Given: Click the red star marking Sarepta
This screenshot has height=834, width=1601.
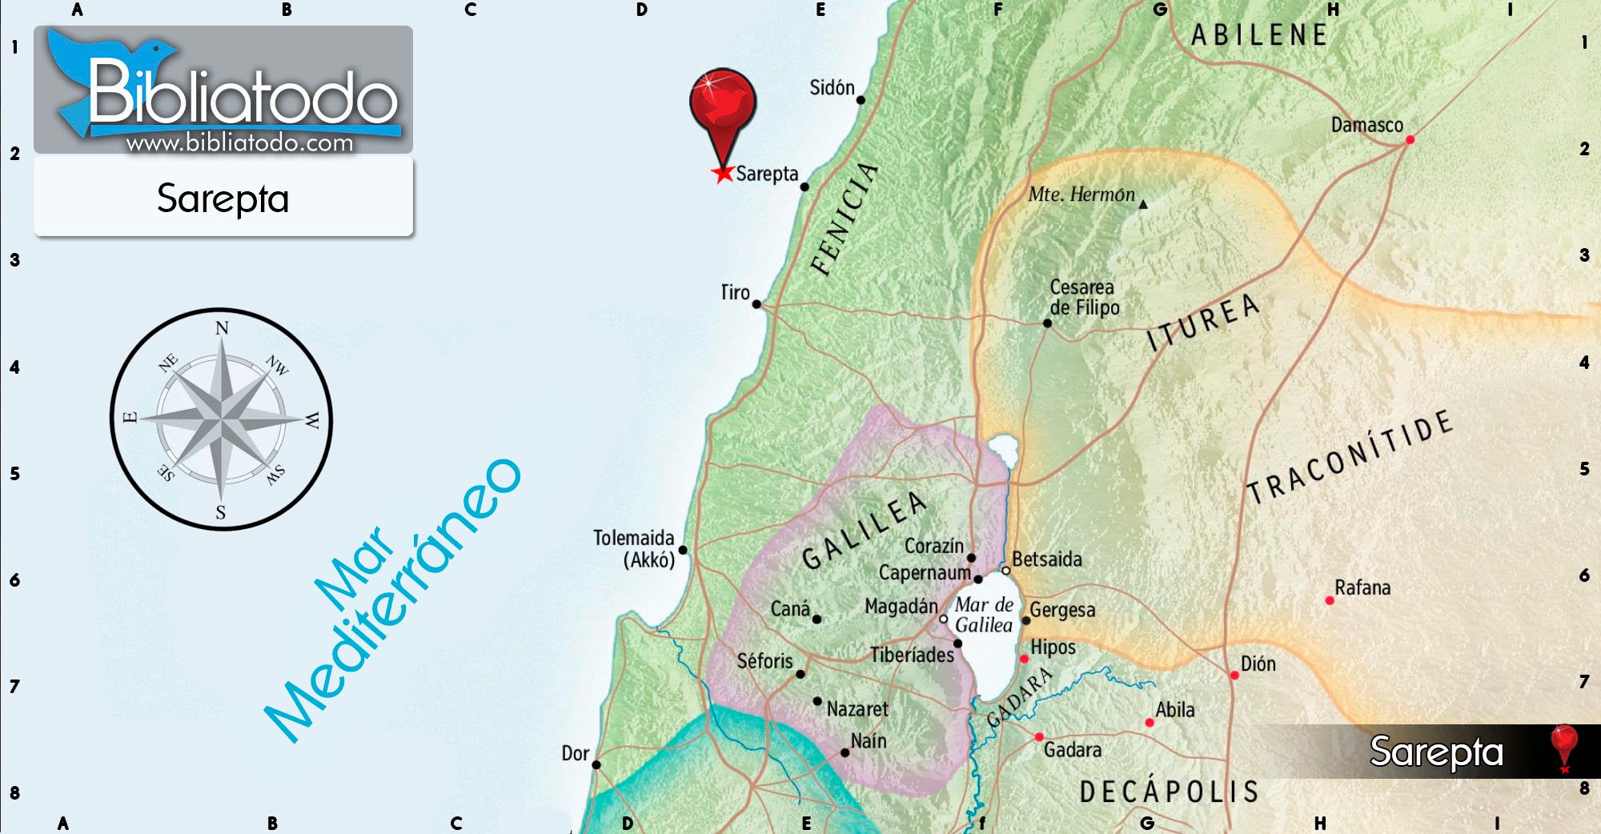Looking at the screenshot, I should coord(723,173).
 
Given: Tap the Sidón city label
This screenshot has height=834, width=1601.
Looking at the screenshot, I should coord(832,87).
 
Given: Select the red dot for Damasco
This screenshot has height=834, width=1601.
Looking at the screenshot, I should coord(1410,140).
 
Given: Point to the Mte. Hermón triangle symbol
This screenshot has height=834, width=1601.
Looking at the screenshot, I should coord(1143,205).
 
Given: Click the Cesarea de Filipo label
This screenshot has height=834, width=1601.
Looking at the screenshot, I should coord(1084,297).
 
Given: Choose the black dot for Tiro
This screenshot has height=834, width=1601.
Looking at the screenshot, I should coord(756,304).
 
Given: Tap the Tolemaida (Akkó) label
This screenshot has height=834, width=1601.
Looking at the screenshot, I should coord(634,548).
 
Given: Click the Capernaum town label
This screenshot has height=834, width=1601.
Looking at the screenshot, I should coord(924,573).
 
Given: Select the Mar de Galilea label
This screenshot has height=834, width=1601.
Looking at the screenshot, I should coord(984,615).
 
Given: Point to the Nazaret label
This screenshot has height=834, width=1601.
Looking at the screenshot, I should coord(857,709).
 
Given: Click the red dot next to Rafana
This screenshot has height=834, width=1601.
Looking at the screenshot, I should coord(1330,600).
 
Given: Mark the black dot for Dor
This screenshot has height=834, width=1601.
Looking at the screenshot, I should coord(596,764).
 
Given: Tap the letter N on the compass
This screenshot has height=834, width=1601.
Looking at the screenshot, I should coord(222,328).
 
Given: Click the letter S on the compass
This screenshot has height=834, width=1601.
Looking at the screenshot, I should coord(221,512).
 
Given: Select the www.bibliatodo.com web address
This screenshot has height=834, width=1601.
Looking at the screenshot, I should coord(239,143).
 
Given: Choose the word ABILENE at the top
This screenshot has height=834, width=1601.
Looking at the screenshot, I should coord(1259,35).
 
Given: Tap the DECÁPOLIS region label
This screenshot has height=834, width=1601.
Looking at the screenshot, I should coord(1169,792).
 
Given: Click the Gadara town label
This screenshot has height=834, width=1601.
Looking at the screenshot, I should coord(1072,750).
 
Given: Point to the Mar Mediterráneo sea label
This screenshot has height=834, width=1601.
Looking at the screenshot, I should coord(392,600).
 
